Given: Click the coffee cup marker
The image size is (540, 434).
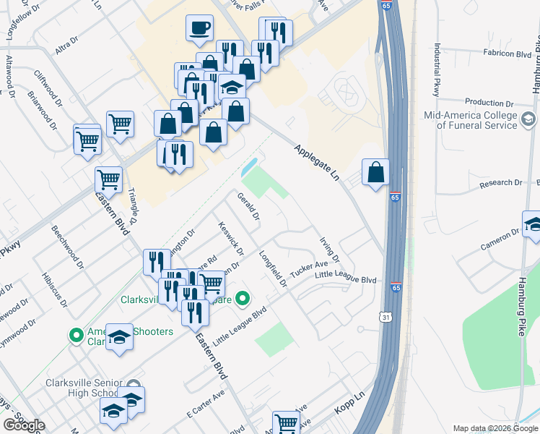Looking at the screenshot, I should (x=200, y=29).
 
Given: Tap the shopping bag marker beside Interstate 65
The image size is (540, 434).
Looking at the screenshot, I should (x=375, y=173).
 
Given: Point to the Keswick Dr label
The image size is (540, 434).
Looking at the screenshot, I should (x=230, y=238).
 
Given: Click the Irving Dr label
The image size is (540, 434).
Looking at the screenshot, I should (x=329, y=250).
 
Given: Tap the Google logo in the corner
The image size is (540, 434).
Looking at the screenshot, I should (x=23, y=425).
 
